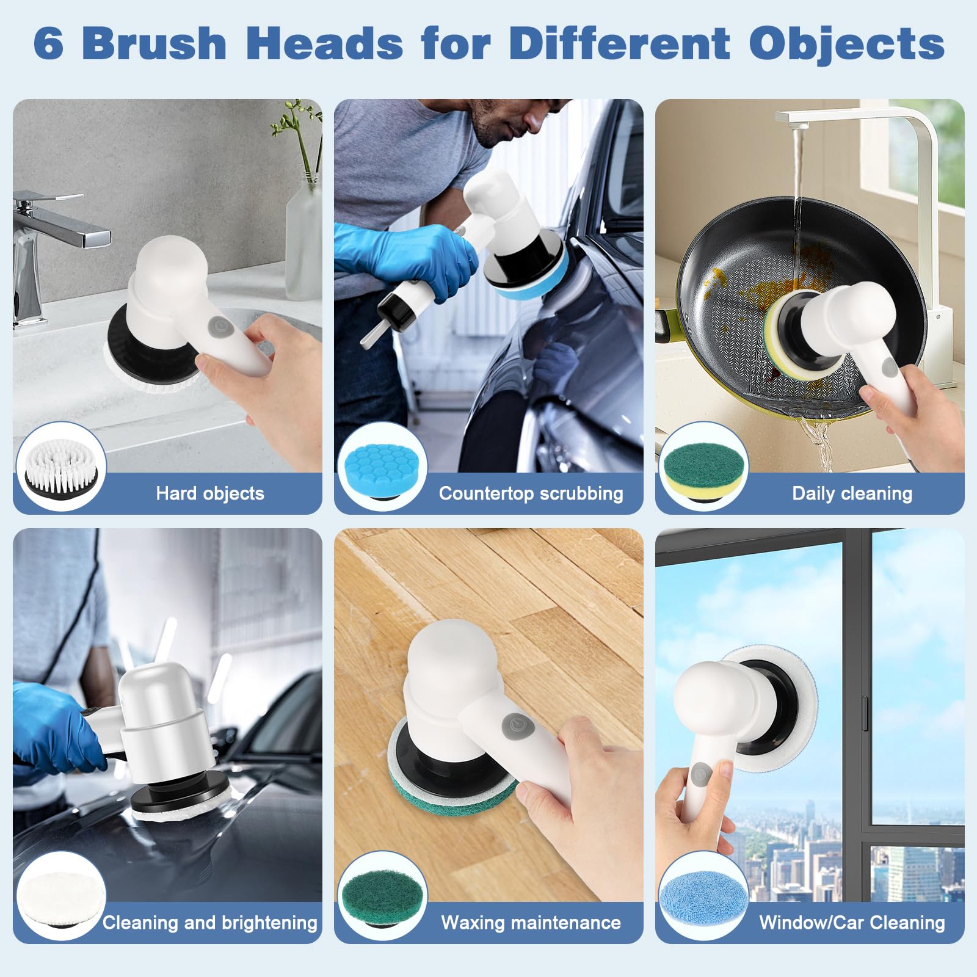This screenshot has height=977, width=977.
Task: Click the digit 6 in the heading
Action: click(48, 43)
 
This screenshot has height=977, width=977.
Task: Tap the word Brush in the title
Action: click(154, 43)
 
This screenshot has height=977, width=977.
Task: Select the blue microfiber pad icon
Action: click(703, 896)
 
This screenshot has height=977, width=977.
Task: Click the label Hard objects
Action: click(210, 493)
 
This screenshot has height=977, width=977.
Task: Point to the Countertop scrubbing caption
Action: click(531, 493)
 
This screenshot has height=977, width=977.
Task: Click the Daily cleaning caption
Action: click(852, 493)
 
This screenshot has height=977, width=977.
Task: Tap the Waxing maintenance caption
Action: click(531, 922)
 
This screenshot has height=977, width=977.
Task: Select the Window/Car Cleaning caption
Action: click(852, 922)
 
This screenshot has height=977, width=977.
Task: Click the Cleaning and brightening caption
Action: click(210, 922)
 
